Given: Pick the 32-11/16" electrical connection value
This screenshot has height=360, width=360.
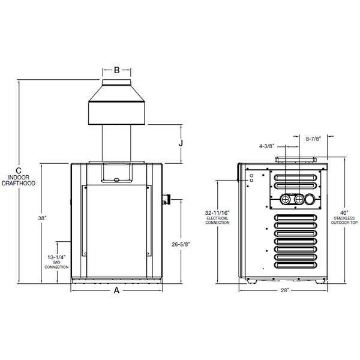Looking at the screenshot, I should tap(217, 212).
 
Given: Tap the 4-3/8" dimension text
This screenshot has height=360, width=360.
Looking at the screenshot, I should tap(267, 145).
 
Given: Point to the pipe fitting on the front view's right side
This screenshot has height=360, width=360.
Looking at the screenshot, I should tap(167, 197).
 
